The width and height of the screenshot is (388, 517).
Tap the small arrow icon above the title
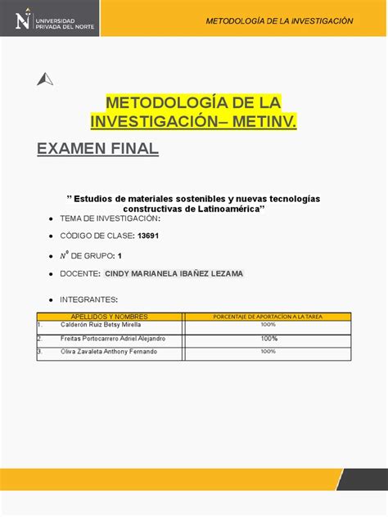click(x=45, y=79)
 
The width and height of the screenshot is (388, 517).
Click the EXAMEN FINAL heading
click(x=97, y=150)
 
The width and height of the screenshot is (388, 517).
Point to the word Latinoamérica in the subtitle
click(x=224, y=209)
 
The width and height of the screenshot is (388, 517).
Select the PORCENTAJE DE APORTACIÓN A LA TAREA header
click(x=268, y=317)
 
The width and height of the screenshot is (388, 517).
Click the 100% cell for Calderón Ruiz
click(x=268, y=325)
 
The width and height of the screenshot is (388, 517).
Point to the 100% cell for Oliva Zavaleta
click(x=268, y=352)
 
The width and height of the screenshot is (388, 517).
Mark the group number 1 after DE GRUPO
click(x=120, y=255)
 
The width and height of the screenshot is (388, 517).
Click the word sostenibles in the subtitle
click(x=195, y=199)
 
